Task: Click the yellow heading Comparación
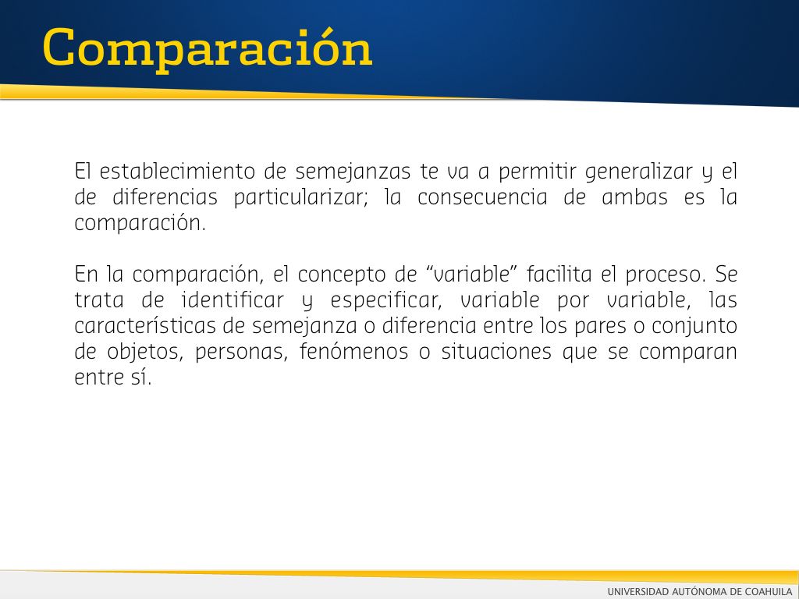tap(208, 50)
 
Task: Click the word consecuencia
tap(482, 197)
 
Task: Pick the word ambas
tap(634, 197)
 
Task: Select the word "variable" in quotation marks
tap(471, 274)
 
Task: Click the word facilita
tap(559, 274)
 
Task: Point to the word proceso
tap(666, 275)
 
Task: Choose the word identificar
tap(233, 299)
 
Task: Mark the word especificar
tap(385, 301)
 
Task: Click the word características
tap(145, 325)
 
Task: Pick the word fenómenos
tap(353, 351)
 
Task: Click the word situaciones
tap(496, 351)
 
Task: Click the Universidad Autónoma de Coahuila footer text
tap(700, 591)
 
